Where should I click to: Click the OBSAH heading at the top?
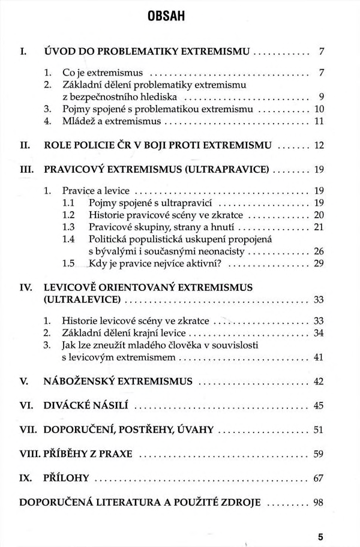click(x=180, y=17)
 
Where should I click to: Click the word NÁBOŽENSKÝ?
click(x=81, y=381)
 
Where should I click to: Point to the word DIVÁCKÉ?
click(x=68, y=405)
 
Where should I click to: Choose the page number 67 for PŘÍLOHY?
click(x=318, y=478)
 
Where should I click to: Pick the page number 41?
click(x=318, y=357)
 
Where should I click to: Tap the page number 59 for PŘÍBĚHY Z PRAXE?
click(x=318, y=453)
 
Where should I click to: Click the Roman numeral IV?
click(x=26, y=287)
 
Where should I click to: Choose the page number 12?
click(x=318, y=145)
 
